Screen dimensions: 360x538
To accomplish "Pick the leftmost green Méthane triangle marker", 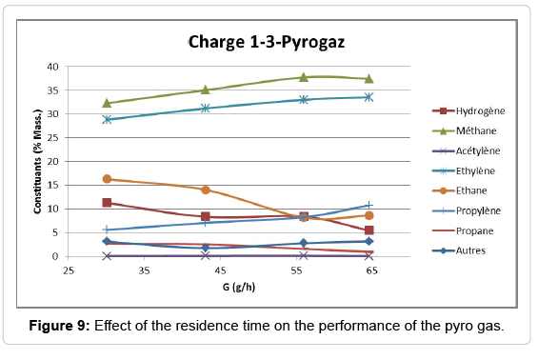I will pos(107,103).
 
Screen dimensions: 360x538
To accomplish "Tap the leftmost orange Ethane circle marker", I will pos(107,179).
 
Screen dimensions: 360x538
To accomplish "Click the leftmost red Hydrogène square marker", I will pos(107,203).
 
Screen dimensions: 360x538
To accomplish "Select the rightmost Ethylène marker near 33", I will pos(369,97).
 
